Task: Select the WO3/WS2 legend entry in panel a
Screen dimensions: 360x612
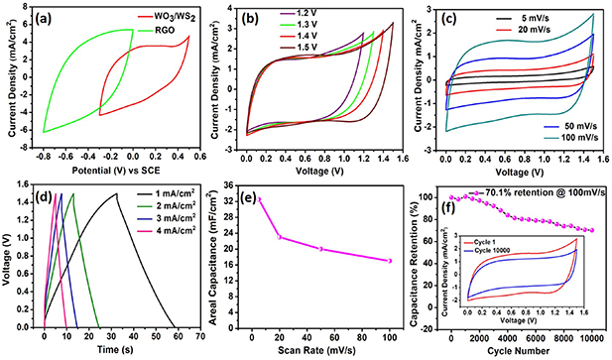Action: click(x=161, y=17)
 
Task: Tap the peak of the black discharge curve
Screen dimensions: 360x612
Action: click(x=117, y=194)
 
